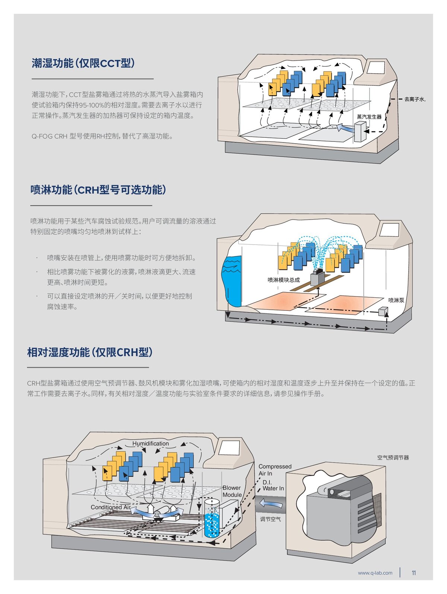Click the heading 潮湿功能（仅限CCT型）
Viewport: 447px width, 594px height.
pos(83,63)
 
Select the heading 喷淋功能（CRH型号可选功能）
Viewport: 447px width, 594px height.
pos(98,190)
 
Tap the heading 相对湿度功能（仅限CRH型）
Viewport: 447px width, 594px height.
pos(90,352)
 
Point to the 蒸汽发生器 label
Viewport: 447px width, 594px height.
pos(369,117)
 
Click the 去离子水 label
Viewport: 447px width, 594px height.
pos(415,99)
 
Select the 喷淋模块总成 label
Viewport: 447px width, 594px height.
pos(283,280)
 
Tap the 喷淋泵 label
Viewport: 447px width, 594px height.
pos(396,300)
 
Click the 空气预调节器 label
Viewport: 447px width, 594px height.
pos(393,458)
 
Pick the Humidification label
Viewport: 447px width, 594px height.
pos(150,444)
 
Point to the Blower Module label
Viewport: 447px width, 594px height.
pos(232,491)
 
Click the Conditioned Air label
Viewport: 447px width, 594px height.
pos(111,507)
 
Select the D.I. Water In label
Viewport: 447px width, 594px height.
pos(273,485)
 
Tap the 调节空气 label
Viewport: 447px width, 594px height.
pos(270,519)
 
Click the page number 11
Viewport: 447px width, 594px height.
pos(413,573)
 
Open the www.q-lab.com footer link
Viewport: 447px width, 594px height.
pos(375,573)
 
